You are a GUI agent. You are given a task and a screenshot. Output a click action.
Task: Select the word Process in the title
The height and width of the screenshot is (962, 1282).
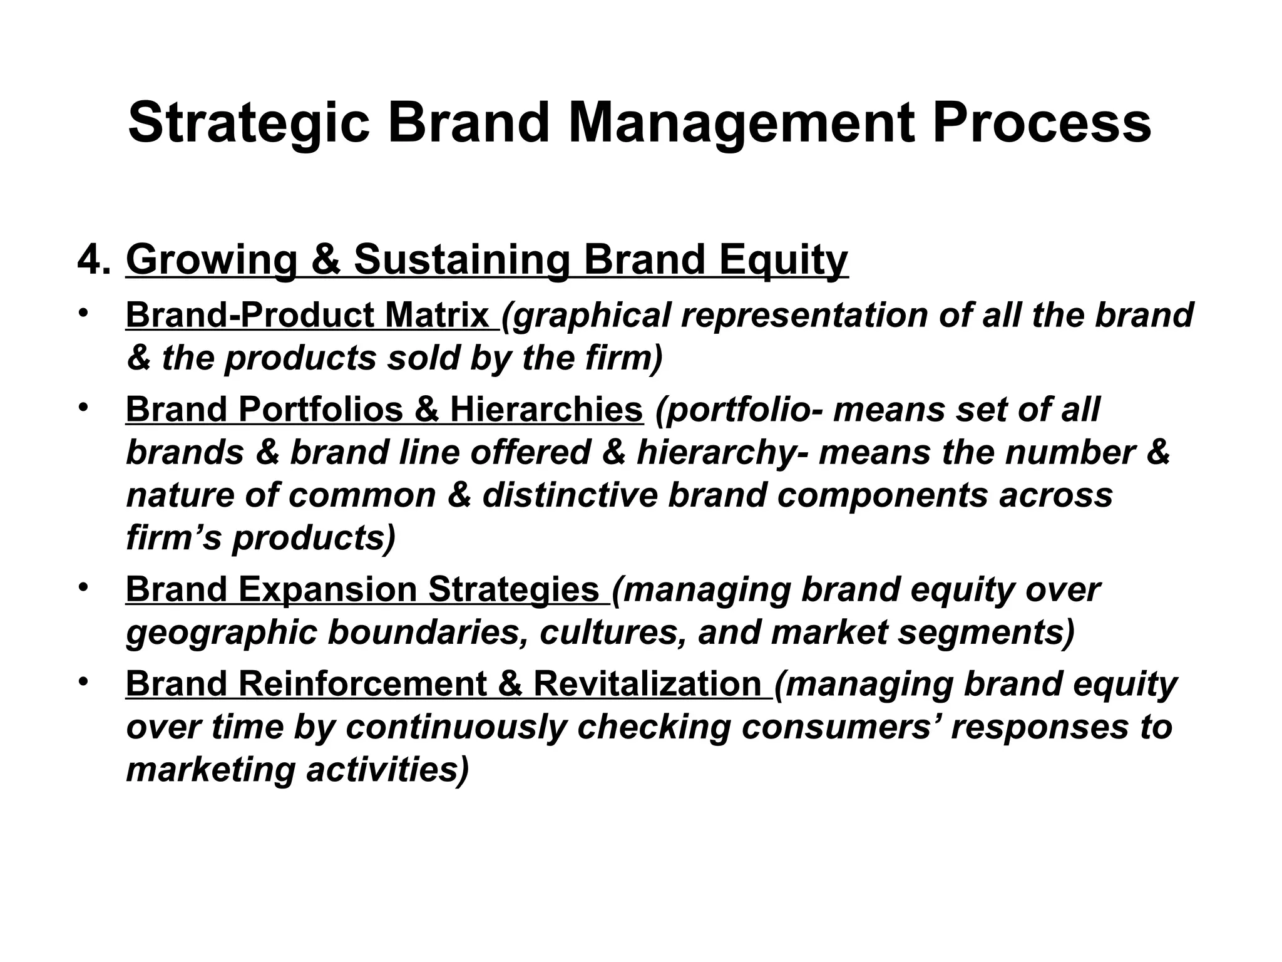(1041, 123)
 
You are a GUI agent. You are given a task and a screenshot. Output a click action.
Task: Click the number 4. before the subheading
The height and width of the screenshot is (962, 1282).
(95, 259)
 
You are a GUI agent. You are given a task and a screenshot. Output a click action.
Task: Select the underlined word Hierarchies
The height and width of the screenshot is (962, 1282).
(546, 409)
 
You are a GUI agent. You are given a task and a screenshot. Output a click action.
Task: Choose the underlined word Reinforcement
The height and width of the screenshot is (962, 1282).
(363, 683)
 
